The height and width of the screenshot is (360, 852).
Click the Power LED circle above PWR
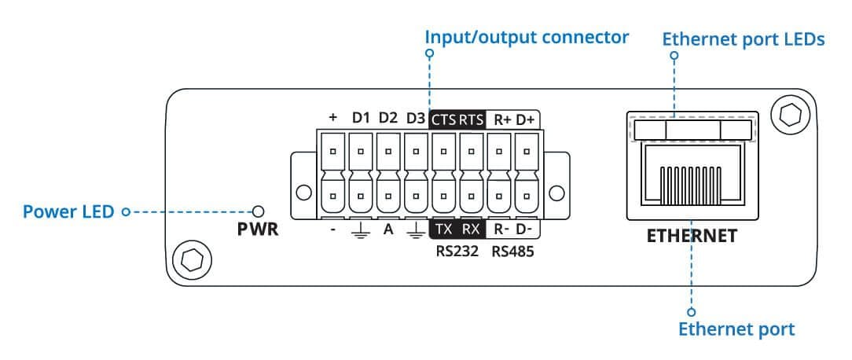(x=259, y=211)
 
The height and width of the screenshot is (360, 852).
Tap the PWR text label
(x=258, y=230)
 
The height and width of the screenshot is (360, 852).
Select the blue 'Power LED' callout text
(x=68, y=211)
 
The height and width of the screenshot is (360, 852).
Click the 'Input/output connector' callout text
(x=527, y=38)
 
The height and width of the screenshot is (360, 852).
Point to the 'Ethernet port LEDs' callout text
(x=744, y=40)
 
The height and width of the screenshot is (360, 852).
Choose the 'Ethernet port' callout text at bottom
(x=736, y=329)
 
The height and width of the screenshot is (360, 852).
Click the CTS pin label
(x=444, y=119)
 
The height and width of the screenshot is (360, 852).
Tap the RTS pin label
(x=471, y=119)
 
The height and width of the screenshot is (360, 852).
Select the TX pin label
(x=444, y=230)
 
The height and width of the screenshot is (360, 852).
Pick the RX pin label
(x=471, y=230)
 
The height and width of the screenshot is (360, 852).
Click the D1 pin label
(x=361, y=118)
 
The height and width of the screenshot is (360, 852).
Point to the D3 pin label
(x=415, y=118)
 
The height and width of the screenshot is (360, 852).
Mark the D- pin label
(x=526, y=230)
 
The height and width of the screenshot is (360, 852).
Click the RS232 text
(x=457, y=252)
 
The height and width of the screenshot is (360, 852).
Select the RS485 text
(x=513, y=252)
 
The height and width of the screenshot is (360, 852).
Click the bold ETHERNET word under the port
(x=692, y=236)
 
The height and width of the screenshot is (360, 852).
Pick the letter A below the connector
(x=388, y=230)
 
